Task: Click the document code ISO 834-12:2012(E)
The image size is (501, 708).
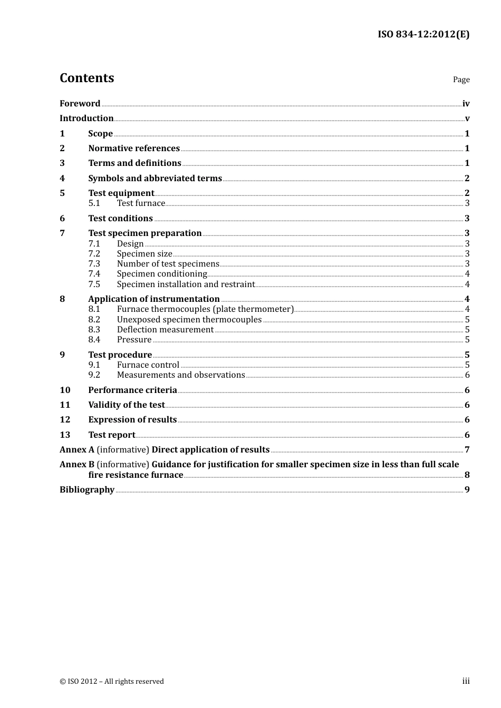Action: pos(423,34)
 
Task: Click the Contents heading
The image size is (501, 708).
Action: pos(86,78)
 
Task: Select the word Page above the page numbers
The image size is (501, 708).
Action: pos(461,80)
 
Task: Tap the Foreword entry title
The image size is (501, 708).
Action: pos(80,103)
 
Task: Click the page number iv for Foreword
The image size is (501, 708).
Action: pos(466,104)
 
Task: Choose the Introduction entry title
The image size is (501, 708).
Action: pos(86,118)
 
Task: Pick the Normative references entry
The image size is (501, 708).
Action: pos(134,148)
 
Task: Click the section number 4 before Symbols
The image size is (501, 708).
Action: pos(62,178)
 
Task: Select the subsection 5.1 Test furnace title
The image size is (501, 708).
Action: pos(141,203)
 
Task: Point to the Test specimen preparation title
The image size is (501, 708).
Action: pos(145,233)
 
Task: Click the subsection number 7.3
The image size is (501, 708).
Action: pos(94,264)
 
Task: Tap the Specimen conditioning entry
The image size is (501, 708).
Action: pos(162,274)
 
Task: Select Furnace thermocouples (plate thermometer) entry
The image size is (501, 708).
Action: pos(205,309)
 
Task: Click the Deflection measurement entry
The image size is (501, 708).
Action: pos(165,330)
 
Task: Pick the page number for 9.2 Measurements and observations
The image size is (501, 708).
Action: pos(467,375)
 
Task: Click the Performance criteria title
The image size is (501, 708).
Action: pos(132,390)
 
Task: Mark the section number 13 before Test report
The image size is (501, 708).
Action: pos(65,435)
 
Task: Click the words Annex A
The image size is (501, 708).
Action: pos(77,449)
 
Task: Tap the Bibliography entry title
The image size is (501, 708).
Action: pos(87,489)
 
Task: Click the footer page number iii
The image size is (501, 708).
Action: pos(466,681)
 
